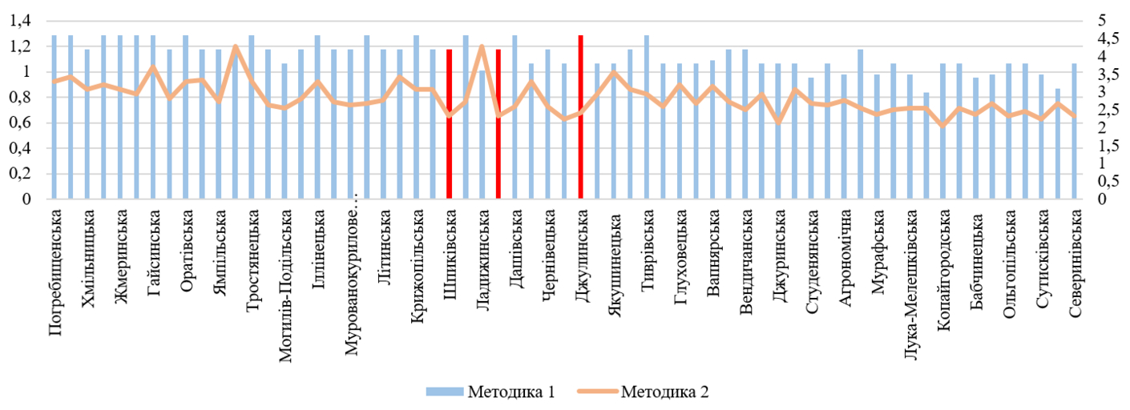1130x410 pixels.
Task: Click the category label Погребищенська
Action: pyautogui.click(x=56, y=273)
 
